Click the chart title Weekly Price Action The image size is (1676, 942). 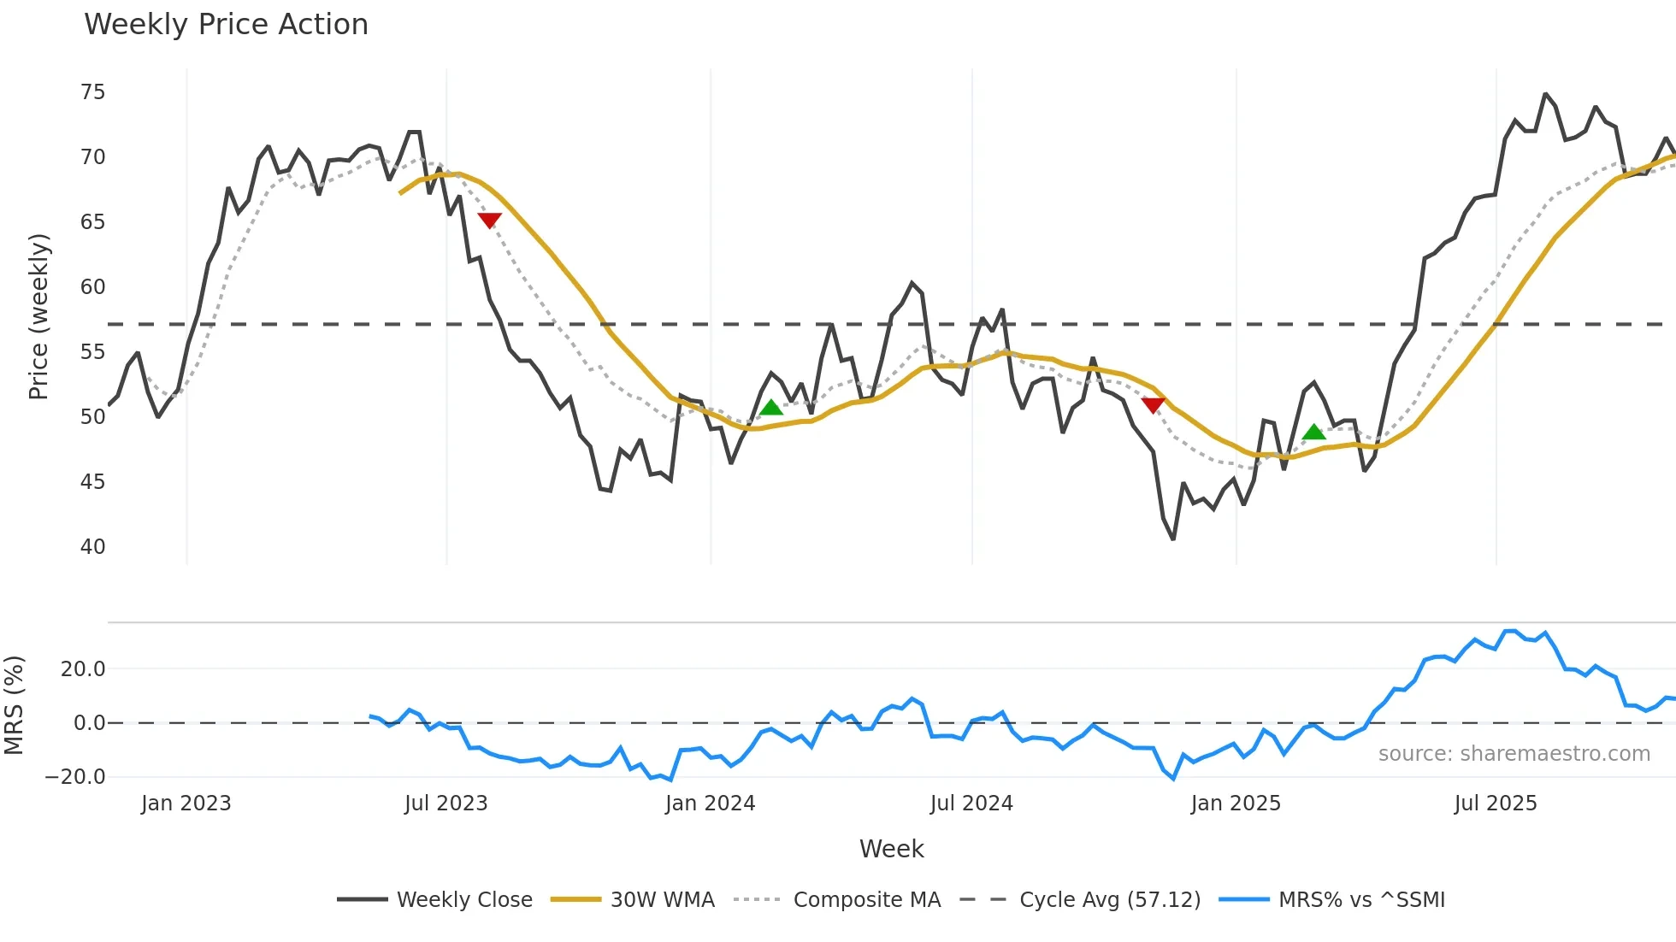(226, 25)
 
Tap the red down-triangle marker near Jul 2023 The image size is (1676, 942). (489, 221)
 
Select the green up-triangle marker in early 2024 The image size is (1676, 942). (771, 408)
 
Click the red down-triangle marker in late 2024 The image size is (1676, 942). (1153, 405)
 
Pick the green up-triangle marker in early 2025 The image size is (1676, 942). (1313, 433)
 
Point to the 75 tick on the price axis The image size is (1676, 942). (92, 92)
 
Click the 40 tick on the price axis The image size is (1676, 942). (92, 547)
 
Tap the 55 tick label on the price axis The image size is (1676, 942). (92, 352)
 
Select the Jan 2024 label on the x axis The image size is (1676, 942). (710, 804)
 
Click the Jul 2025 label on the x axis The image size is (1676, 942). (1495, 804)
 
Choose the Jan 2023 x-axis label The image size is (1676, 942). (186, 804)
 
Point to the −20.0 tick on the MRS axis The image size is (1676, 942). (75, 777)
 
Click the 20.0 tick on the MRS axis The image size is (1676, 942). (82, 669)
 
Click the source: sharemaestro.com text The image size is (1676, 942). (1514, 754)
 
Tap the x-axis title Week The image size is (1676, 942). (891, 849)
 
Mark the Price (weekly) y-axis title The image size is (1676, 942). (38, 316)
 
